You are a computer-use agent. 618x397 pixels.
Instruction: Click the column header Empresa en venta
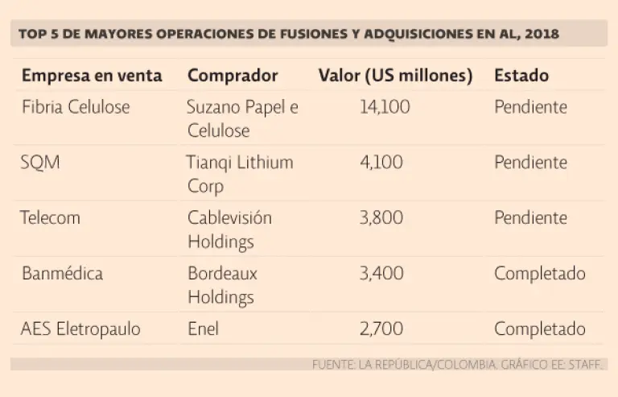pyautogui.click(x=92, y=76)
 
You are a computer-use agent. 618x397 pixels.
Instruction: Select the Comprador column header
pyautogui.click(x=233, y=76)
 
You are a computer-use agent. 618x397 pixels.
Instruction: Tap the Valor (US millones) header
pyautogui.click(x=395, y=76)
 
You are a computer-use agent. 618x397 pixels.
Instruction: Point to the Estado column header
pyautogui.click(x=521, y=76)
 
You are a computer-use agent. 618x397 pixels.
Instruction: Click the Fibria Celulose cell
pyautogui.click(x=76, y=107)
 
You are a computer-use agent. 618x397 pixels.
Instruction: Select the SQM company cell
pyautogui.click(x=40, y=163)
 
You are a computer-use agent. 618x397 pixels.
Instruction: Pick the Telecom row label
pyautogui.click(x=51, y=218)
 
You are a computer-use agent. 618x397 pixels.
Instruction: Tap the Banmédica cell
pyautogui.click(x=62, y=274)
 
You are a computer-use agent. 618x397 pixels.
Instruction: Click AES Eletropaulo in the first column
pyautogui.click(x=80, y=329)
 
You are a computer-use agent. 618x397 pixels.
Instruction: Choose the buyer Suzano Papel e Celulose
pyautogui.click(x=242, y=118)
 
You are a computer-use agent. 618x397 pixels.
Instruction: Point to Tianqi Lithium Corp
pyautogui.click(x=240, y=174)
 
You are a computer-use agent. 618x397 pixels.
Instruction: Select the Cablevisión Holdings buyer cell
pyautogui.click(x=229, y=230)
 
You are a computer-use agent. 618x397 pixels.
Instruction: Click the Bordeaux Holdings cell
pyautogui.click(x=222, y=285)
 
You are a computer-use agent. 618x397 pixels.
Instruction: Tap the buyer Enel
pyautogui.click(x=203, y=329)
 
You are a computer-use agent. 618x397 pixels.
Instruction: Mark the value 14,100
pyautogui.click(x=384, y=107)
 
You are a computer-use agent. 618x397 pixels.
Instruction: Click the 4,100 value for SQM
pyautogui.click(x=381, y=163)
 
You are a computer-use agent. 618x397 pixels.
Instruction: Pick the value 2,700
pyautogui.click(x=381, y=329)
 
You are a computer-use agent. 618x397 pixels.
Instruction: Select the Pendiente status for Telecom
pyautogui.click(x=530, y=218)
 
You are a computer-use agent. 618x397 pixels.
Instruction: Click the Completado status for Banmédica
pyautogui.click(x=539, y=274)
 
